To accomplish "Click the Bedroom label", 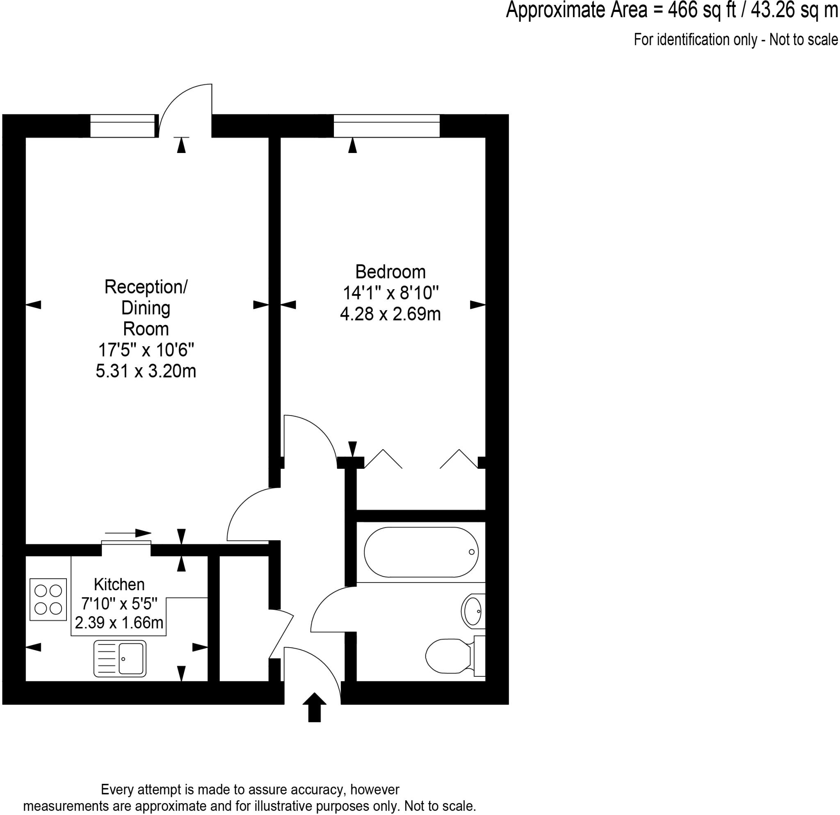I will click(390, 272).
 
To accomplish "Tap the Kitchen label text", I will click(119, 584).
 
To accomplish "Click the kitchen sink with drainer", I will click(120, 658).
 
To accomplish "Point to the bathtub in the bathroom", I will click(421, 552).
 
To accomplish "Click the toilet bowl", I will click(448, 655).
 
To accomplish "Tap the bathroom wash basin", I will click(473, 611).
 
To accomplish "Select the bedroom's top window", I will click(386, 126).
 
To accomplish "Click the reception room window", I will click(122, 126).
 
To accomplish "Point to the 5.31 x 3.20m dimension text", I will click(146, 371).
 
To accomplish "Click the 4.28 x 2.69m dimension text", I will click(390, 314).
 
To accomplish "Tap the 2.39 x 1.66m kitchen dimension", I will click(119, 622).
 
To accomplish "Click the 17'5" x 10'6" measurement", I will click(146, 350).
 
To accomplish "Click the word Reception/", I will click(146, 287).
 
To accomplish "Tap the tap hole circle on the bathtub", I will click(471, 552).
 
